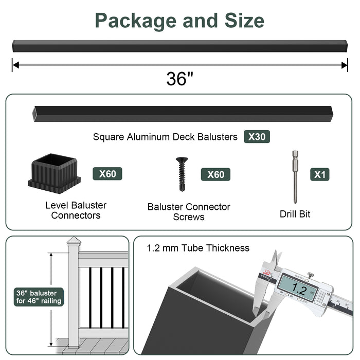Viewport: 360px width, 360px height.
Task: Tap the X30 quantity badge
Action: pos(257,137)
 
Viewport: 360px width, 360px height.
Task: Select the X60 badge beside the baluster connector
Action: pos(107,174)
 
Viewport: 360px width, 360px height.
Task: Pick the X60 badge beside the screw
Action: pos(215,174)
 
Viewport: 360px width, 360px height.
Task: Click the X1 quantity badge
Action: pos(320,174)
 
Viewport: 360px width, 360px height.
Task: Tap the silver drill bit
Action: pos(295,172)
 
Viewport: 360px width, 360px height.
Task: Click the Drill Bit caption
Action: pos(295,213)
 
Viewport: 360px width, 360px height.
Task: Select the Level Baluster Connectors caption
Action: pos(76,210)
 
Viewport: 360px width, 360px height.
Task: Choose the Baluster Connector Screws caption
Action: pos(189,212)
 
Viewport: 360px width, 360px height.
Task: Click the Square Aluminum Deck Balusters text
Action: pos(165,137)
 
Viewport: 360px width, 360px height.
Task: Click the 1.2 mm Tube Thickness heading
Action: pos(198,248)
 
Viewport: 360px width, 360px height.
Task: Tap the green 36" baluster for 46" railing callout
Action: pos(39,297)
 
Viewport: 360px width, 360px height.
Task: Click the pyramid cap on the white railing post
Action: pos(74,241)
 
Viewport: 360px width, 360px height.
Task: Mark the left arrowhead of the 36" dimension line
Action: pos(15,64)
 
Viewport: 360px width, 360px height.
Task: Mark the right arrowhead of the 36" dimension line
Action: pos(345,64)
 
